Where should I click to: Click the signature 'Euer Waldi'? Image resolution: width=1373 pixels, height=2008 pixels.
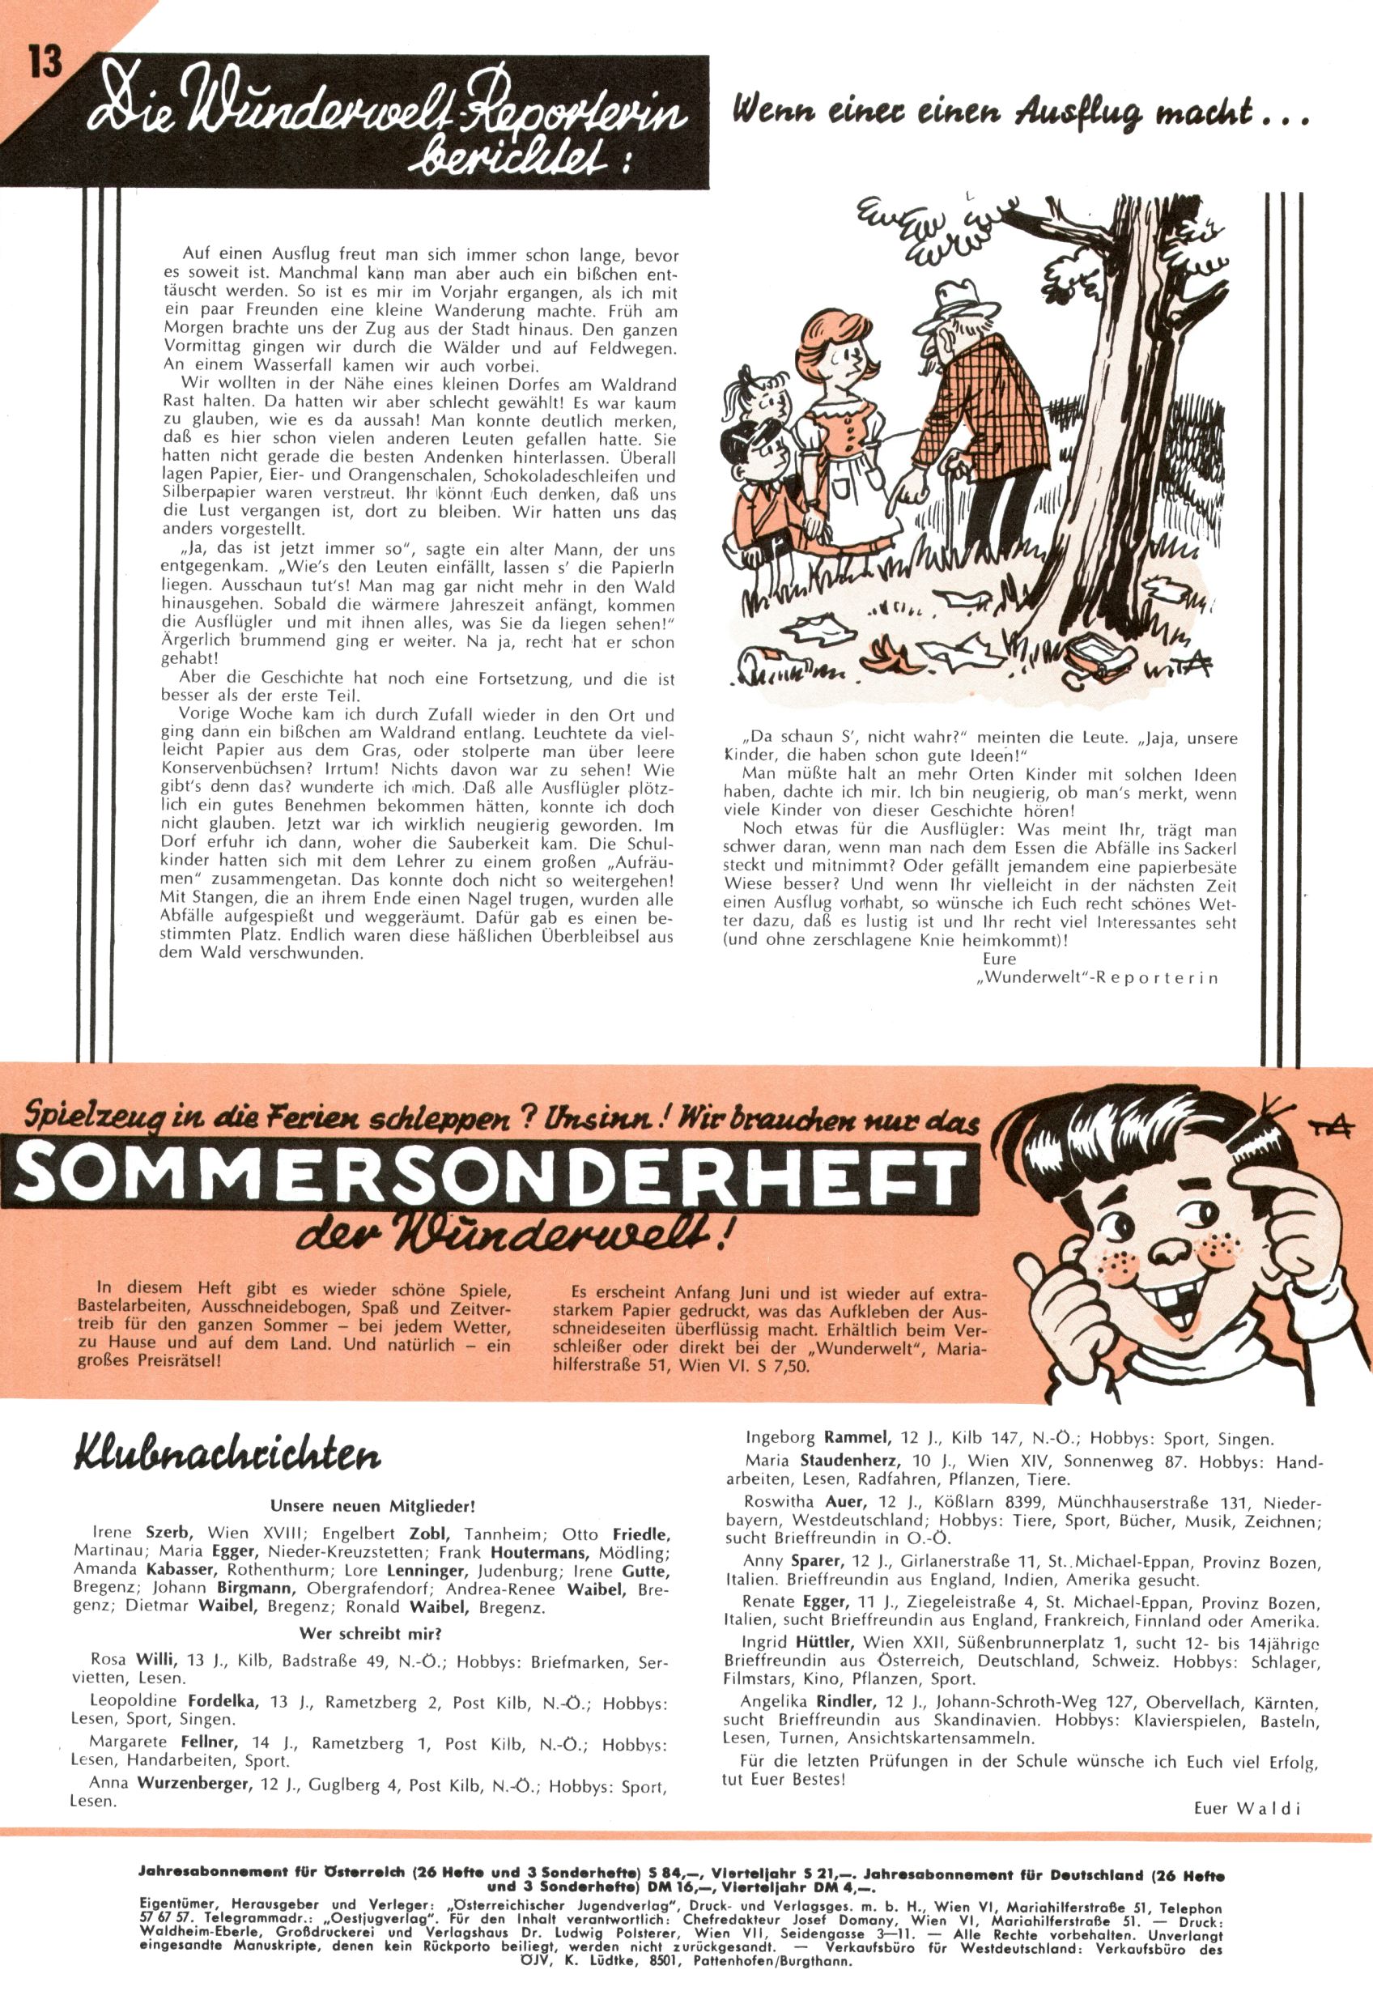pos(1247,1807)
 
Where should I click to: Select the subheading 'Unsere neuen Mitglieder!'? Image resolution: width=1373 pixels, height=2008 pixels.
pos(372,1507)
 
